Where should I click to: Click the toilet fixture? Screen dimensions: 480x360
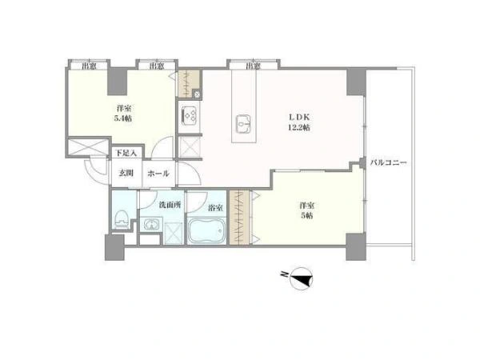coord(122,218)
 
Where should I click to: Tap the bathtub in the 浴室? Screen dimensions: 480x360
coord(206,231)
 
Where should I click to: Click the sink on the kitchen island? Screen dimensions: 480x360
coord(244,124)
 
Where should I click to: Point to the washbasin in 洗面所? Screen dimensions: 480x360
coord(151,224)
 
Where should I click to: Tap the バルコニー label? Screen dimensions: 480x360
coord(389,162)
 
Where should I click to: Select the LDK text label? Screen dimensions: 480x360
coord(300,118)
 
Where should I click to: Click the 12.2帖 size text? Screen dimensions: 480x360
coord(298,128)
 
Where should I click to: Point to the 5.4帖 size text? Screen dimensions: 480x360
coord(123,118)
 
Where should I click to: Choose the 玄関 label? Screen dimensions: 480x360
coord(126,174)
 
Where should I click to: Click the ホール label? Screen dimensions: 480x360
coord(158,174)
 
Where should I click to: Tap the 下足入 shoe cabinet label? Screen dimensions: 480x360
coord(126,153)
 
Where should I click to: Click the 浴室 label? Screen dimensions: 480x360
coord(215,208)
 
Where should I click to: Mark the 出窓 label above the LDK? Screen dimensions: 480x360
coord(253,66)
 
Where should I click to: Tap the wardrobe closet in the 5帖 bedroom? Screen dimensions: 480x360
coord(240,218)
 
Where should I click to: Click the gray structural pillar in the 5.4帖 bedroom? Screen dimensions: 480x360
coord(118,81)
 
